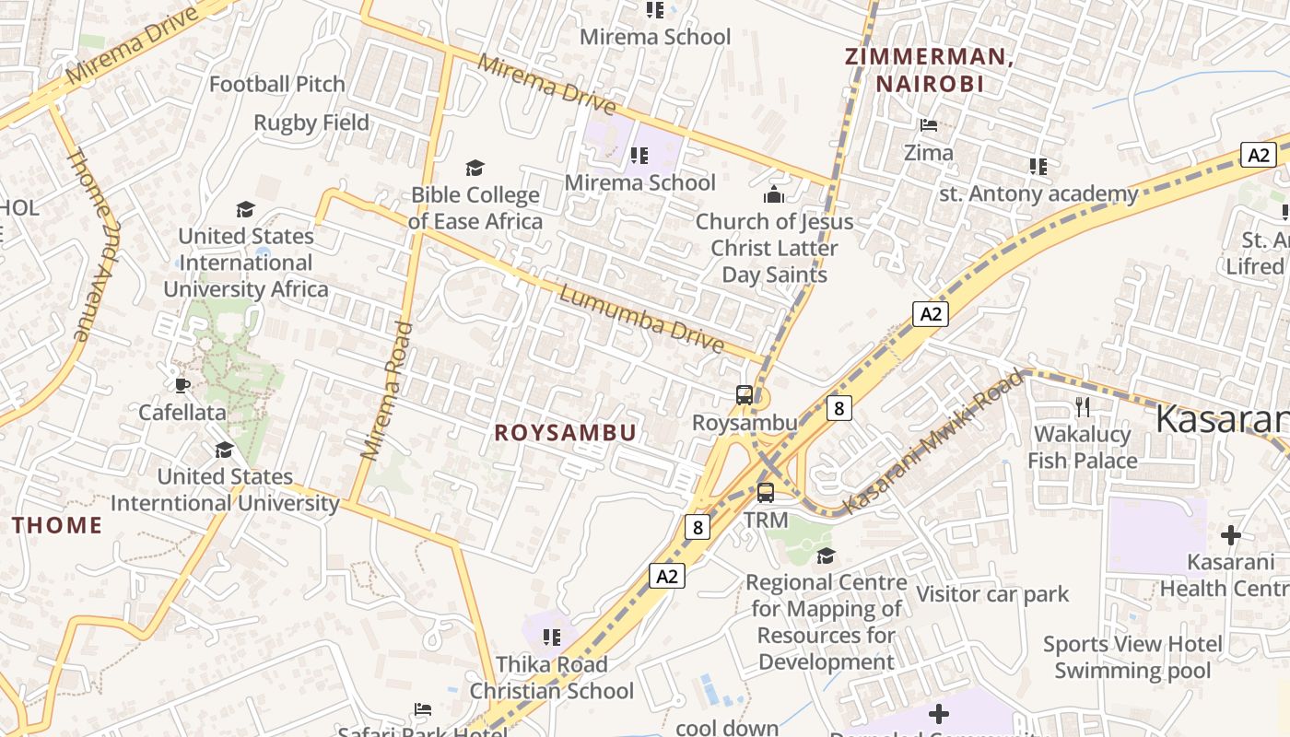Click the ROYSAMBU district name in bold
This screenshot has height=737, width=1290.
point(565,433)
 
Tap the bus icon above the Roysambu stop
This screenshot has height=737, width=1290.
point(745,395)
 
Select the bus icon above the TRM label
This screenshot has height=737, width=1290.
point(766,492)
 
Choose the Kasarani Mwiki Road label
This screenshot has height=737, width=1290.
point(933,442)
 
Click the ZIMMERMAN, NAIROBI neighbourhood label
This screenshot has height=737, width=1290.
point(929,70)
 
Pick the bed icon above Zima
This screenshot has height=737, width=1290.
point(929,125)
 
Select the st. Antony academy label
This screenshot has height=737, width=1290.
point(1038,194)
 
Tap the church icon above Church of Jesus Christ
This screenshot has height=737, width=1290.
point(774,194)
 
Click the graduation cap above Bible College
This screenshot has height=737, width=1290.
point(475,168)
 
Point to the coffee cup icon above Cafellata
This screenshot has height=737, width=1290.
point(182,385)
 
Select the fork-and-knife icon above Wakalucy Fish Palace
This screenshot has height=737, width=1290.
point(1083,406)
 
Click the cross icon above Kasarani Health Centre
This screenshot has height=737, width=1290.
point(1230,534)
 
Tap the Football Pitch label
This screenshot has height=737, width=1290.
point(276,85)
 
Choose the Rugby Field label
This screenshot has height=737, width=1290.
point(311,123)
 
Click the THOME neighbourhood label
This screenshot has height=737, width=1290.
point(57,526)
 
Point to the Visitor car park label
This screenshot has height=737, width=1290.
point(992,594)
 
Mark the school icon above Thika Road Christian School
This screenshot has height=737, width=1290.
point(552,638)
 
